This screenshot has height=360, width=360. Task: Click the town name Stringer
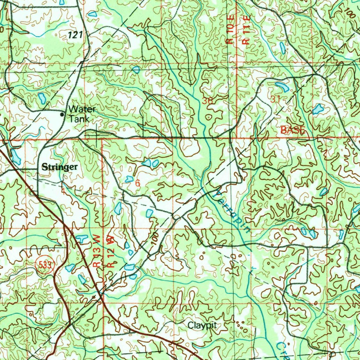click(x=59, y=167)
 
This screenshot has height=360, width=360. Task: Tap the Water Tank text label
click(x=82, y=114)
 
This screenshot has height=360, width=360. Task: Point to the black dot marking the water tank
click(x=62, y=114)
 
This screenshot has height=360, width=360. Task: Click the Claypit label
click(x=202, y=325)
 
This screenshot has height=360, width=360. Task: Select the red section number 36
click(x=207, y=101)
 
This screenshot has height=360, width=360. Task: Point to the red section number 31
click(x=275, y=99)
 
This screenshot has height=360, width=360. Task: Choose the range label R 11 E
click(x=246, y=34)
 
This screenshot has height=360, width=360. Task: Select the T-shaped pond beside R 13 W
click(x=81, y=239)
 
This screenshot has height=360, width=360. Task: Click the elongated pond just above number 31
click(x=282, y=86)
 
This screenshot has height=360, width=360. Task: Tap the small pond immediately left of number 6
click(x=129, y=179)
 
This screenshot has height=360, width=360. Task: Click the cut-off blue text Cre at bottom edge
click(x=283, y=350)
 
